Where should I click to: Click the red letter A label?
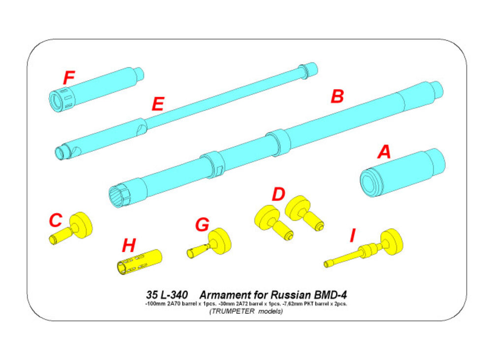[x=384, y=152]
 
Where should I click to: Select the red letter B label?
[x=337, y=96]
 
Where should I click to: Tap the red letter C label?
[x=56, y=220]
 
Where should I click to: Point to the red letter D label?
[x=278, y=194]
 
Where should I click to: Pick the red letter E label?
[x=157, y=105]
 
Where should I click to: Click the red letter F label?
[x=69, y=78]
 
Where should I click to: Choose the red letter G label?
[x=202, y=225]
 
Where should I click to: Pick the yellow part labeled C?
[x=74, y=229]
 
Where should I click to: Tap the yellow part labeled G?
[x=212, y=243]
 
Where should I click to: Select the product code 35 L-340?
[x=167, y=295]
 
